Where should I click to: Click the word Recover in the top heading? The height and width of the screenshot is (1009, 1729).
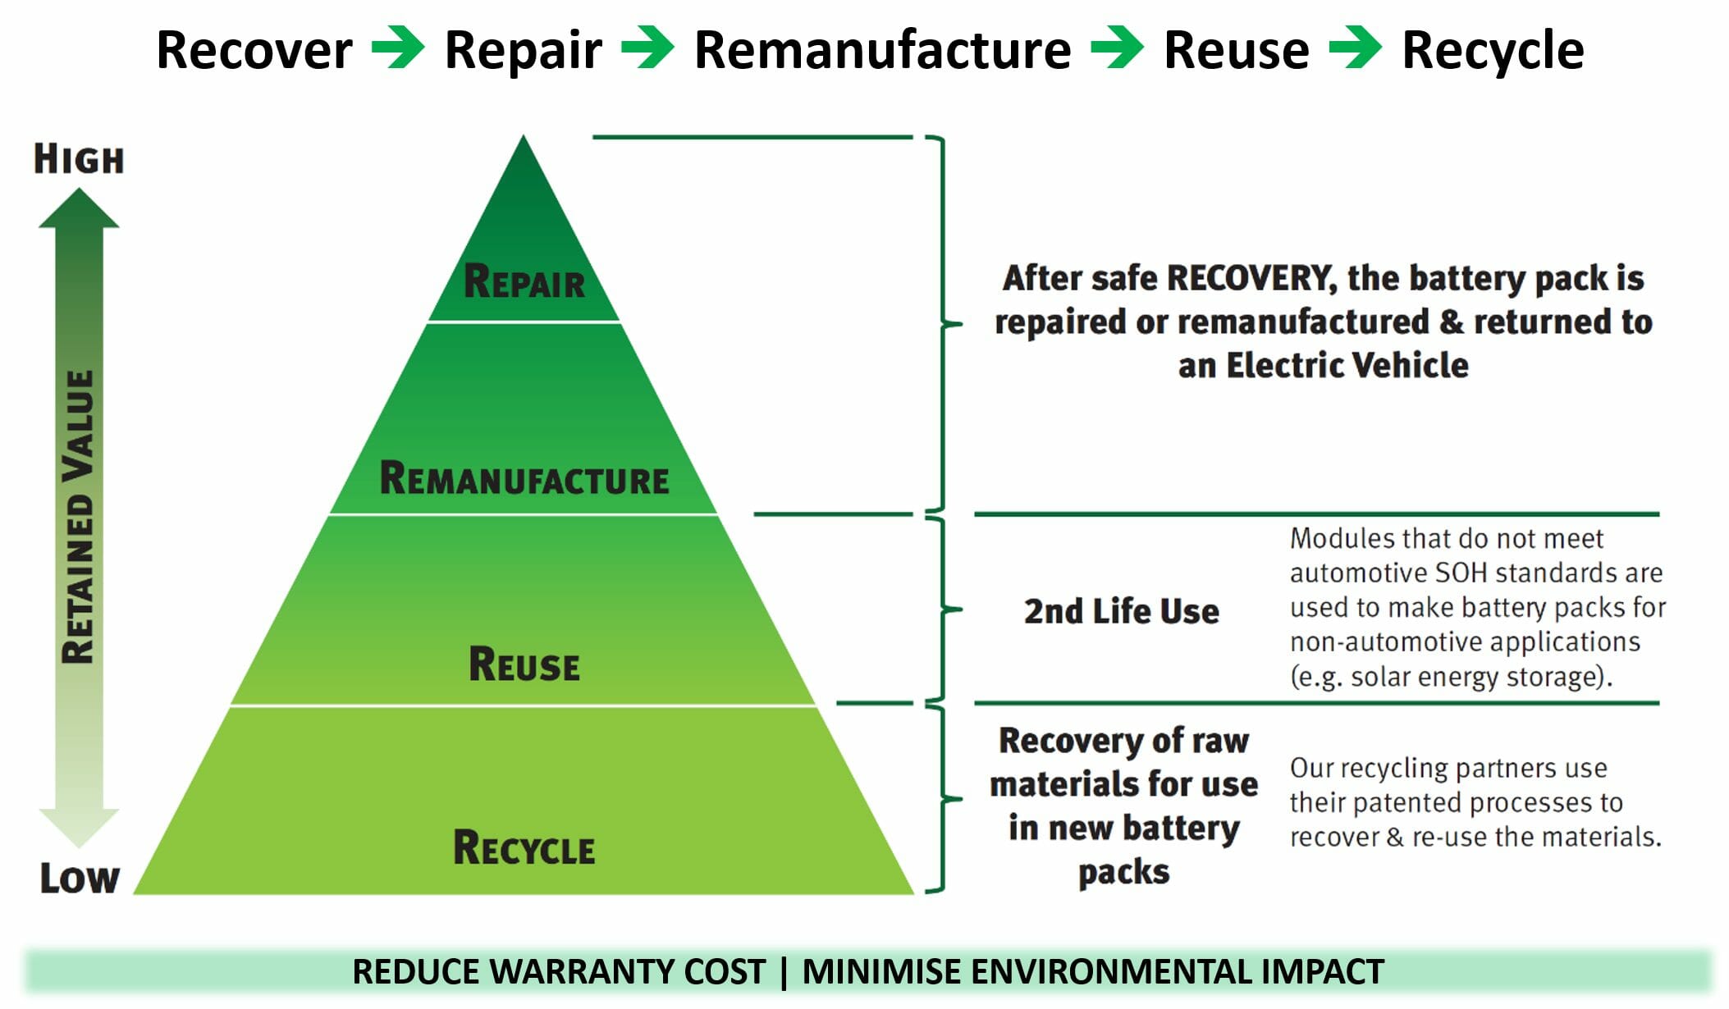pos(254,51)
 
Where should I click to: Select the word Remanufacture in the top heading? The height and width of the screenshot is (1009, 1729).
pos(882,51)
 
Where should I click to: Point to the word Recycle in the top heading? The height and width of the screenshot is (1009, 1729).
pos(1493,51)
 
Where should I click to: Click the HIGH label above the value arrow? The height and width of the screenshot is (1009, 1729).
pos(79,159)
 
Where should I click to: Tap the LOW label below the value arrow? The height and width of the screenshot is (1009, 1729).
pos(80,878)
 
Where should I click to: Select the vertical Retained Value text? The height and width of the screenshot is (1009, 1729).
pos(80,517)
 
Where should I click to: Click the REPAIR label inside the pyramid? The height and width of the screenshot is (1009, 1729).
pos(524,281)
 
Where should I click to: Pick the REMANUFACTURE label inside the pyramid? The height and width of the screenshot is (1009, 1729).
pos(524,479)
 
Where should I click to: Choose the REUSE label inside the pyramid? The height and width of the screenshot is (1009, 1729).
pos(524,664)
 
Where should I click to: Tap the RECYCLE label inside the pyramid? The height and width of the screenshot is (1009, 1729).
pos(524,848)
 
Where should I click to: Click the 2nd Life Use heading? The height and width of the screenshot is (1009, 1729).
pos(1121,612)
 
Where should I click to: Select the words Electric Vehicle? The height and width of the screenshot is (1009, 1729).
pos(1347,366)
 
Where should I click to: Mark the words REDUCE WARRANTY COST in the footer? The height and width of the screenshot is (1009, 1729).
pos(559,972)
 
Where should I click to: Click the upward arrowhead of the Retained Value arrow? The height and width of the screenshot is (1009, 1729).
pos(79,209)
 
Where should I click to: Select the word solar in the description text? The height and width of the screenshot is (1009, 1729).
pos(1388,678)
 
